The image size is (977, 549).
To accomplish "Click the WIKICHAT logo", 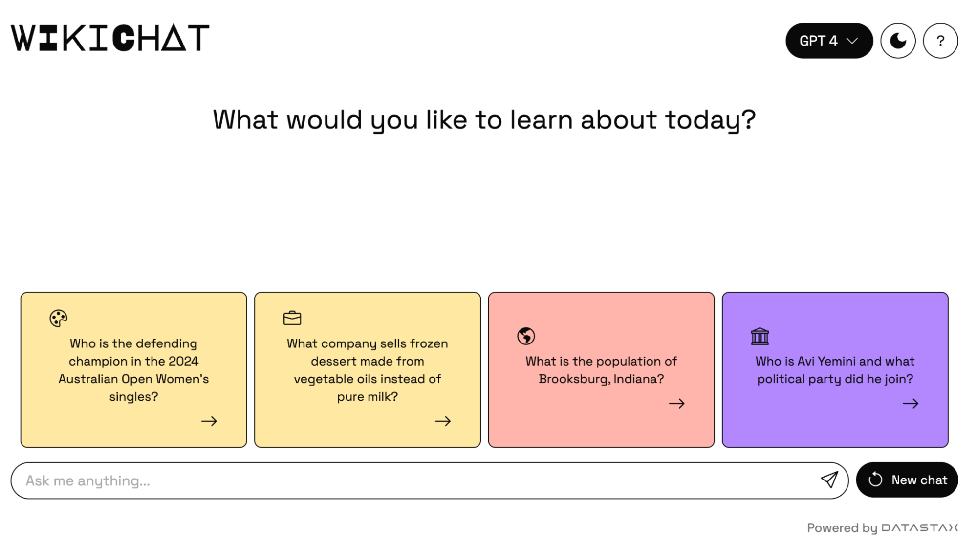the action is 110,38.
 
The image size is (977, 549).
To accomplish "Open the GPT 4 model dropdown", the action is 829,41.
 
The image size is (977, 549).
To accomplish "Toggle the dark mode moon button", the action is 898,41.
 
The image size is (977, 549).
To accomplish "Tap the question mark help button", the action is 940,41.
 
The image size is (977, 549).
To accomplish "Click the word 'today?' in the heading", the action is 710,120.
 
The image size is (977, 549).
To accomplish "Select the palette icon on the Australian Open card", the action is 58,318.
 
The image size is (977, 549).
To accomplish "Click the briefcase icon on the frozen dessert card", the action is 292,318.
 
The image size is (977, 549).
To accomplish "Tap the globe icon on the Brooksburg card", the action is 526,336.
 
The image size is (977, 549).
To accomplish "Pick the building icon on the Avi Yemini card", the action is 760,336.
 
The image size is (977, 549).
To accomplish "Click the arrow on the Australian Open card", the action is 209,421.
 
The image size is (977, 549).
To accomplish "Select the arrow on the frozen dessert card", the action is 443,421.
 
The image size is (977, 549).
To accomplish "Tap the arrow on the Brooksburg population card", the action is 677,404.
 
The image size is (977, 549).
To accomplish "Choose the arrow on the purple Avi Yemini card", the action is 911,404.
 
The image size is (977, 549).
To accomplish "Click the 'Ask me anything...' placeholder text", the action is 88,481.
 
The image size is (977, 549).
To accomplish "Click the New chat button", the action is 907,480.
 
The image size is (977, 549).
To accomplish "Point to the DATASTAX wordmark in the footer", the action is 919,528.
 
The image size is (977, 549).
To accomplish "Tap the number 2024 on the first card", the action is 183,361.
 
